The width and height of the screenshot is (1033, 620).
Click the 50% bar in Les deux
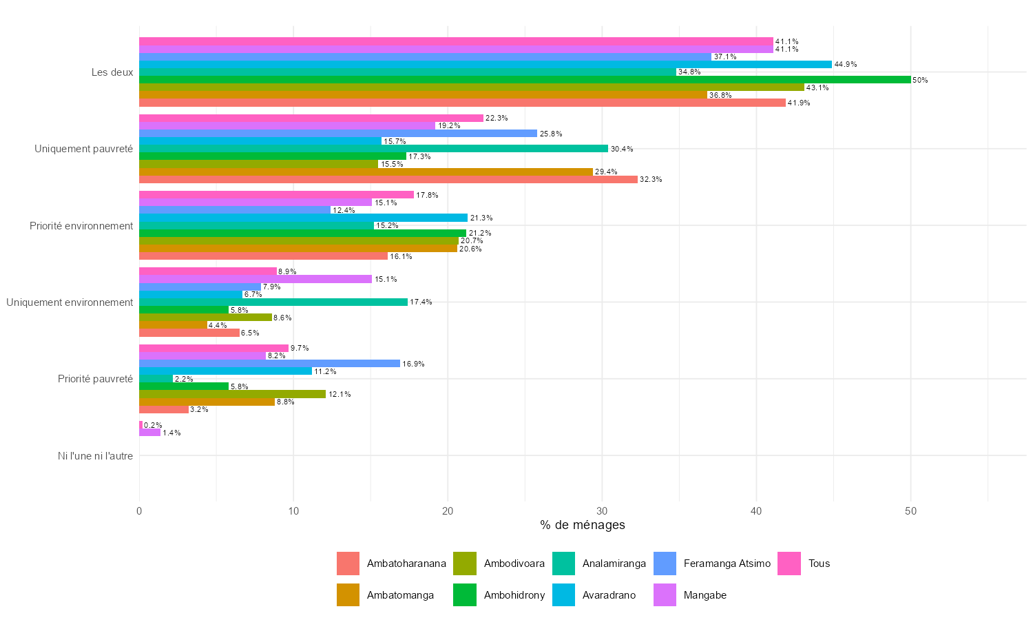(x=525, y=80)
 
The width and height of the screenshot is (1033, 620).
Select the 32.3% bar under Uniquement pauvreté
(x=388, y=179)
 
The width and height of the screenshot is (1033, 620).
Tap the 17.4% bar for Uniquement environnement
(x=273, y=302)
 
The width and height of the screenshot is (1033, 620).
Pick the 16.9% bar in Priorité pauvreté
(x=269, y=363)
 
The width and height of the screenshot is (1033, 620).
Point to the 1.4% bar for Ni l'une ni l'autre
(x=149, y=433)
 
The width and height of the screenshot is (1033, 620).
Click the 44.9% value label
(x=846, y=65)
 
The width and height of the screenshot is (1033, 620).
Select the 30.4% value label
(x=622, y=149)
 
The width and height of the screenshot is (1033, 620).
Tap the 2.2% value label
(x=184, y=379)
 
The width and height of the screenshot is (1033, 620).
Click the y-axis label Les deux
(x=112, y=72)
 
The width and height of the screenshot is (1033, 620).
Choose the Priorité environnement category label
(x=81, y=225)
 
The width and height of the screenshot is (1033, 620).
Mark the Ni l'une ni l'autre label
(x=95, y=455)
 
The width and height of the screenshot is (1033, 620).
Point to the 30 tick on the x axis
(x=602, y=511)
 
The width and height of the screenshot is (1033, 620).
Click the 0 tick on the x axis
(x=139, y=511)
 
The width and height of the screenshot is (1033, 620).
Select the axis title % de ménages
(x=583, y=525)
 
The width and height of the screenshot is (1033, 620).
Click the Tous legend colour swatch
(x=789, y=564)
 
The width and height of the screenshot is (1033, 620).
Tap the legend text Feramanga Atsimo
(x=727, y=564)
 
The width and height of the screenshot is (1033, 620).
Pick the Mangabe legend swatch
(x=665, y=595)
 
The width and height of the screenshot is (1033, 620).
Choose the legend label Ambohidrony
(x=514, y=595)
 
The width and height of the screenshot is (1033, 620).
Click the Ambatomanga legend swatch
(x=348, y=595)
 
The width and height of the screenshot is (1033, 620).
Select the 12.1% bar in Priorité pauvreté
(x=232, y=394)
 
